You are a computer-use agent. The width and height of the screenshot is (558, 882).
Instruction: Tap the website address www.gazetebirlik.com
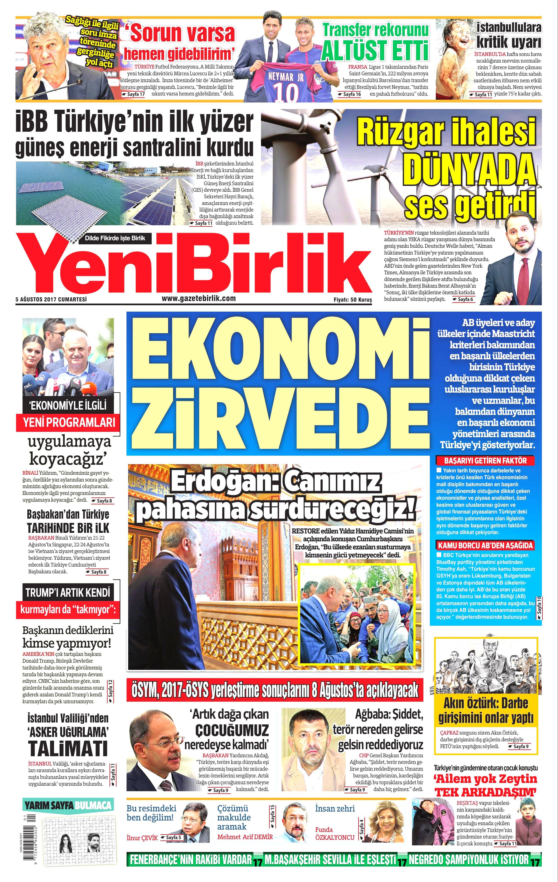click(x=199, y=298)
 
